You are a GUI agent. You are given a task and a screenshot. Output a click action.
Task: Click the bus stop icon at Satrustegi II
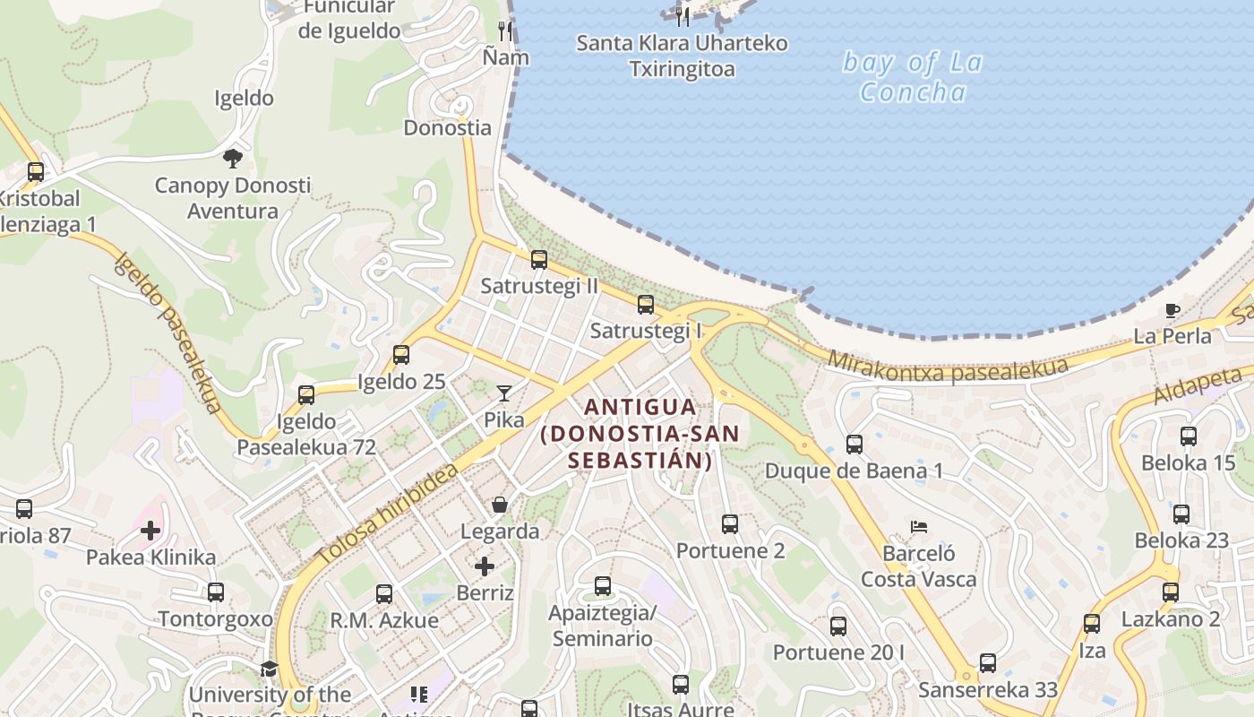coord(538,260)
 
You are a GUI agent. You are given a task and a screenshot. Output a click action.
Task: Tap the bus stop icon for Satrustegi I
coord(645,305)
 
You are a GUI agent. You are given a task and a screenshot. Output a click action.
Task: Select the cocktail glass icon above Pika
coord(504,393)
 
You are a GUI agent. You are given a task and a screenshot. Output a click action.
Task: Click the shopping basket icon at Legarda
coord(500,505)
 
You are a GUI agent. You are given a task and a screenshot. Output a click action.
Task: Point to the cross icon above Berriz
coord(485,566)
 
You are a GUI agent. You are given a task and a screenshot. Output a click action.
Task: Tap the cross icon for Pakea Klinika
coord(150,531)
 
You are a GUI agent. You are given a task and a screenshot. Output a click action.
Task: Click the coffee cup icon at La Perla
coord(1172,311)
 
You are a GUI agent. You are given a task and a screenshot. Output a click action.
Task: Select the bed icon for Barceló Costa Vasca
coord(918,526)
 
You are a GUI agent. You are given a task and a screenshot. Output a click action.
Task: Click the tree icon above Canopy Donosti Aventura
coord(233,159)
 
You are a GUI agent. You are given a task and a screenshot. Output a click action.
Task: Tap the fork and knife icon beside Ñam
coord(505,31)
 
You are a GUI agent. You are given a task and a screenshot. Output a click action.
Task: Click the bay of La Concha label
coord(913,77)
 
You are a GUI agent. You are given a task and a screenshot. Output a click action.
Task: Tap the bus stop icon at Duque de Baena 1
coord(855,444)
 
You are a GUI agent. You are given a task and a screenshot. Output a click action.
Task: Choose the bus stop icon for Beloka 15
coord(1188,436)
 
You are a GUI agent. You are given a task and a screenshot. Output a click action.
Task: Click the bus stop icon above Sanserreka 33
coord(987,663)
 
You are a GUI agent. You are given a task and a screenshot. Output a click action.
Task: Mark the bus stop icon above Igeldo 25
coord(401,355)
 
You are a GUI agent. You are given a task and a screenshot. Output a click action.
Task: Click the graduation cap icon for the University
coord(269,669)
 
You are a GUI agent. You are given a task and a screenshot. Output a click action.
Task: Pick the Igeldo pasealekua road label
coord(167,333)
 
